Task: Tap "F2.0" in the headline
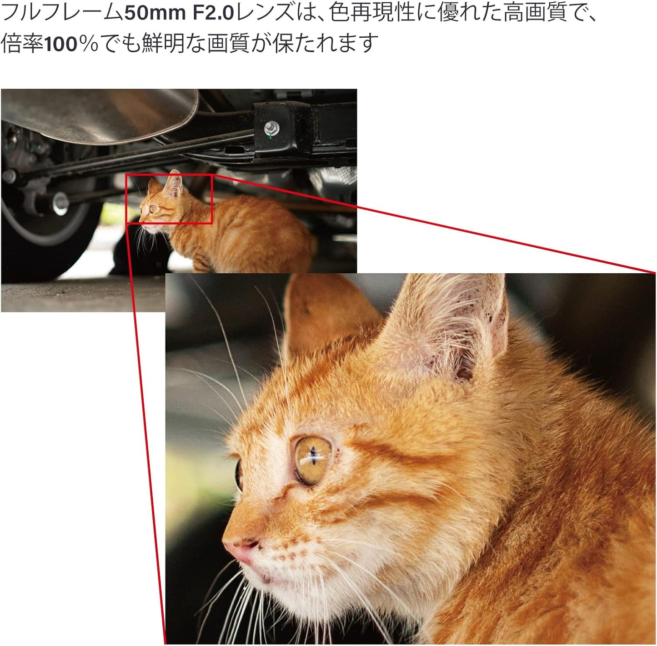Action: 213,13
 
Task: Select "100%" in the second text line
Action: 71,44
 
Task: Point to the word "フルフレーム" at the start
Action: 62,13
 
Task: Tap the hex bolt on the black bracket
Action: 271,129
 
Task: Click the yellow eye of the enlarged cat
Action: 312,460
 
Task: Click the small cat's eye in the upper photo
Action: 152,209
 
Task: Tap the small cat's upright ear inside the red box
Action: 173,184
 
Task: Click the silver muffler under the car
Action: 99,114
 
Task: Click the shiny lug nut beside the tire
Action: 60,204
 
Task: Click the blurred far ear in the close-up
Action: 324,314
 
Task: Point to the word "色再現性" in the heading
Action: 370,13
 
